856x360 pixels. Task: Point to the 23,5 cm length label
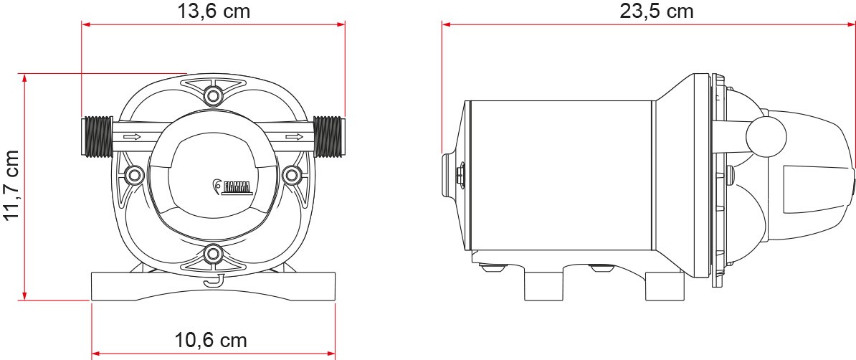656,11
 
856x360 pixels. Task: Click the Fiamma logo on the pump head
232,188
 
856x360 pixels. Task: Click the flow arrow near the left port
133,136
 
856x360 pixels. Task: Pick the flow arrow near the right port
294,136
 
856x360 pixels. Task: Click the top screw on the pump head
212,95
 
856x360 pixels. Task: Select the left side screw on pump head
133,174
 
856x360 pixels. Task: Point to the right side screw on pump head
291,174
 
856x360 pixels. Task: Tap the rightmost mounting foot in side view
663,286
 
